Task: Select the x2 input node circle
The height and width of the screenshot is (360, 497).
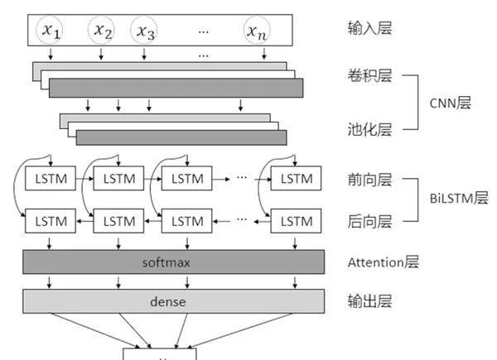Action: tap(102, 31)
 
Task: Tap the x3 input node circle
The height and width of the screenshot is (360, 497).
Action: tap(146, 32)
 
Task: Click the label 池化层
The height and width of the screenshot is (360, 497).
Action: tap(370, 131)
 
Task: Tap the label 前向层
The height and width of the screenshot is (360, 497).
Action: tap(370, 179)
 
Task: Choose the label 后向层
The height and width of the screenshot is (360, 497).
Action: tap(370, 221)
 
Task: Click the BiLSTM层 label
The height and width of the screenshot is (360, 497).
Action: tap(459, 199)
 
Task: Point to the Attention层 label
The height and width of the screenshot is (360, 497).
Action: tap(384, 262)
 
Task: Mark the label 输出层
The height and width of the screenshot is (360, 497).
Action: tap(370, 300)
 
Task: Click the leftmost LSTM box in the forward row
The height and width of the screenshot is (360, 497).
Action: tap(50, 178)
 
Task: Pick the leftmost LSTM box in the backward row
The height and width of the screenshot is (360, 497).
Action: tap(50, 221)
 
